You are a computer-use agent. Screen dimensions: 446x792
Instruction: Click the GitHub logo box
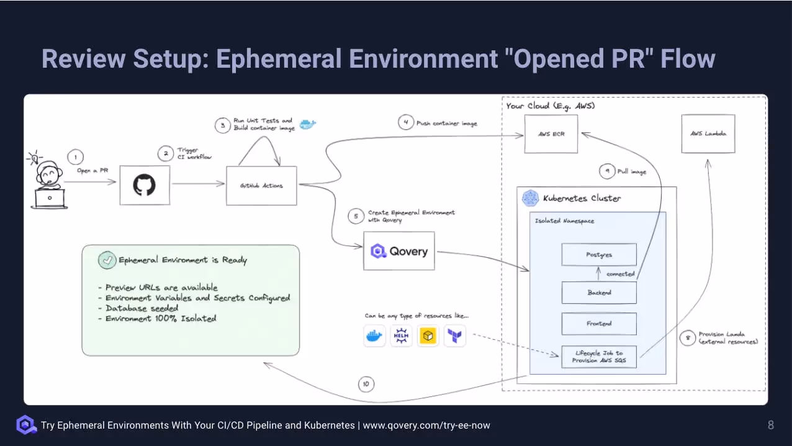click(145, 185)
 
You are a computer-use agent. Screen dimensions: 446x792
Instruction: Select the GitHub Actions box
click(261, 186)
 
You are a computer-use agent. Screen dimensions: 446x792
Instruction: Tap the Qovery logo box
click(399, 251)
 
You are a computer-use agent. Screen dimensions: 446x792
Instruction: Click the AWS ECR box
click(551, 134)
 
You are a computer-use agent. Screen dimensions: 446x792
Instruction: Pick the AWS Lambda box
click(708, 134)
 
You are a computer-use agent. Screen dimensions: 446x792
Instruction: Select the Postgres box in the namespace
click(599, 255)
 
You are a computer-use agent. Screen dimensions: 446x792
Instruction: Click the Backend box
click(599, 293)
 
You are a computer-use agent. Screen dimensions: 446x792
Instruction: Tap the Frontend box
click(599, 324)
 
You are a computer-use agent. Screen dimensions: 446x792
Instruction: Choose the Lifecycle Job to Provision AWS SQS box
click(599, 357)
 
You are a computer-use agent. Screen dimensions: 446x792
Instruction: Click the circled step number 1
click(74, 157)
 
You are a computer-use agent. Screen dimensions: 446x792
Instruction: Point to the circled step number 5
click(356, 216)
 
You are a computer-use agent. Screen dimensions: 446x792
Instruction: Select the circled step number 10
click(366, 385)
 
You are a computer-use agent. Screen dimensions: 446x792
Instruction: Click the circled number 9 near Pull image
click(606, 171)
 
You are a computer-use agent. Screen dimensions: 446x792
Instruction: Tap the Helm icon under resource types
click(401, 336)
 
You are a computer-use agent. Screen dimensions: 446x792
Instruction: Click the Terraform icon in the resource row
click(455, 336)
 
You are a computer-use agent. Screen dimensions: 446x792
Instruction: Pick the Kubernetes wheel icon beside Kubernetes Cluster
click(531, 198)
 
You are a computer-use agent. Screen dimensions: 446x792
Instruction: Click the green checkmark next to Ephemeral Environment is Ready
click(107, 260)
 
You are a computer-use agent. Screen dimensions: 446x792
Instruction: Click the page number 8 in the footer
click(771, 426)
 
